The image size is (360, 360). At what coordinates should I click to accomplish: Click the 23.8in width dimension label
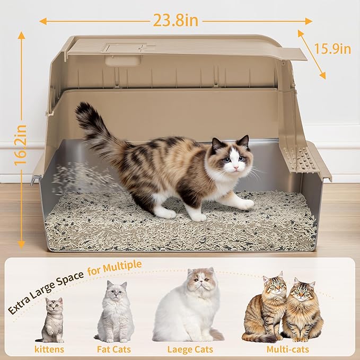175,20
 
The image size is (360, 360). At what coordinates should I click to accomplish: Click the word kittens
49,349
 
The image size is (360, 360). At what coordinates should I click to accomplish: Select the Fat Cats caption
115,349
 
